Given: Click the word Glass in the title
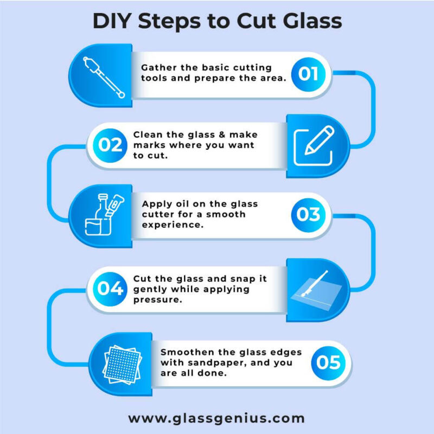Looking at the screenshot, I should (x=311, y=21).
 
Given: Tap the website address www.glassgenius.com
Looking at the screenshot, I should (x=216, y=418).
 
